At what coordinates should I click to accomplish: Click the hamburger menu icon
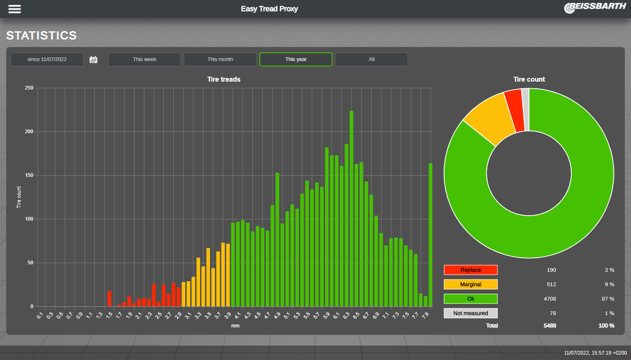(x=14, y=9)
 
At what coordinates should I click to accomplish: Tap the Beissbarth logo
(x=595, y=7)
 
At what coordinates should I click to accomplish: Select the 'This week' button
(x=144, y=59)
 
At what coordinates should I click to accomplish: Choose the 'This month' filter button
(x=220, y=59)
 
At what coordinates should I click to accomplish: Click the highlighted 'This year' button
(x=296, y=59)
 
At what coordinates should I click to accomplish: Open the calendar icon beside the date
(x=94, y=60)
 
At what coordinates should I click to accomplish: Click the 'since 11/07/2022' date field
(x=47, y=59)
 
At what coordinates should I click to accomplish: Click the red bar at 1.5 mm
(x=109, y=299)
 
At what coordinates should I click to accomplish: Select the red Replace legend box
(x=471, y=270)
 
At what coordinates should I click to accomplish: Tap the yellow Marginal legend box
(x=471, y=285)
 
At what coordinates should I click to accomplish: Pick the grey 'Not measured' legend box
(x=471, y=313)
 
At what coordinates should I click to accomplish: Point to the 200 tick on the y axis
(x=29, y=132)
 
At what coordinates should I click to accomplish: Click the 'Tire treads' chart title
(x=224, y=79)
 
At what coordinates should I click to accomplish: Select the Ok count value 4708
(x=550, y=299)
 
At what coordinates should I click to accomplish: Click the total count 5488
(x=550, y=326)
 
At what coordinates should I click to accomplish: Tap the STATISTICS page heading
(x=41, y=35)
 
